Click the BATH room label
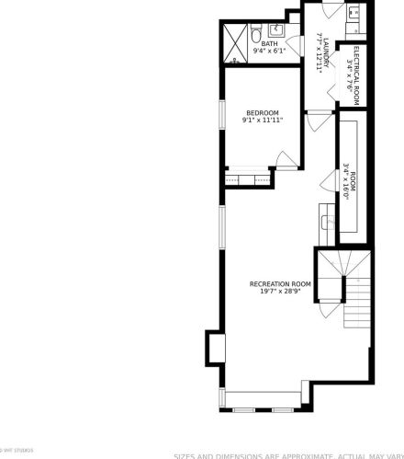[x=268, y=43]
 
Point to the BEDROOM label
[x=262, y=112]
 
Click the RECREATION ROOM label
[x=280, y=283]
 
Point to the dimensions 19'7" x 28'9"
[x=280, y=292]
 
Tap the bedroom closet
[x=245, y=174]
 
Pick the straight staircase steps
[x=358, y=304]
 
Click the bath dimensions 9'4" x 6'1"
[x=270, y=52]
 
